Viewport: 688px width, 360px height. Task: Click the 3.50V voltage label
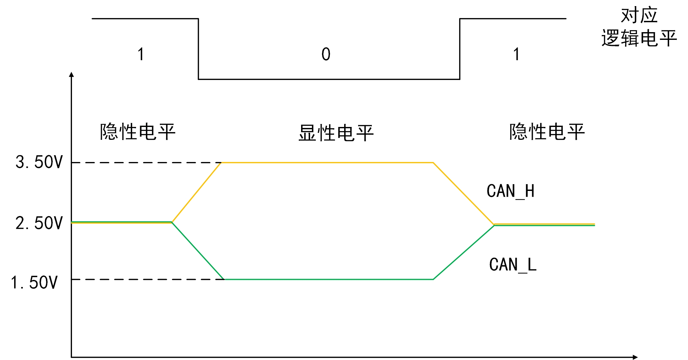(39, 162)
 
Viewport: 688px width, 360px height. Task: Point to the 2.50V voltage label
(39, 223)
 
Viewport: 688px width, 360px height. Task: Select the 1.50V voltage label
(34, 283)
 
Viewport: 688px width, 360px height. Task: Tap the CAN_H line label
(511, 191)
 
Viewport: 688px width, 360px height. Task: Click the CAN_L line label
(513, 265)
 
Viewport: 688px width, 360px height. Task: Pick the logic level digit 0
(326, 54)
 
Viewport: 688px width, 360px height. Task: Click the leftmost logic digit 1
(141, 54)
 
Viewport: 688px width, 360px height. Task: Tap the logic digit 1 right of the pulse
(516, 54)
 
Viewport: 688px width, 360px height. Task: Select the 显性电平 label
(336, 133)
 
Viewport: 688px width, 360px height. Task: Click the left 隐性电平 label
(138, 132)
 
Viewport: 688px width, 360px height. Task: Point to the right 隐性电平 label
(547, 132)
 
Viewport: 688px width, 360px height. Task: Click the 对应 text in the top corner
(639, 15)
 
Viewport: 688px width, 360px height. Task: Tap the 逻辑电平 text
(639, 38)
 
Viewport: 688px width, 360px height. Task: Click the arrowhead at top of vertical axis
(72, 75)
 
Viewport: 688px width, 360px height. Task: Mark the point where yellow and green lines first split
(172, 222)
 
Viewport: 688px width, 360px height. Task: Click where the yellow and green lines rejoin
(494, 225)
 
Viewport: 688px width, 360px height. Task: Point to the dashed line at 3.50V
(145, 163)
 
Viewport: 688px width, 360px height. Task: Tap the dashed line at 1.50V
(145, 279)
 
